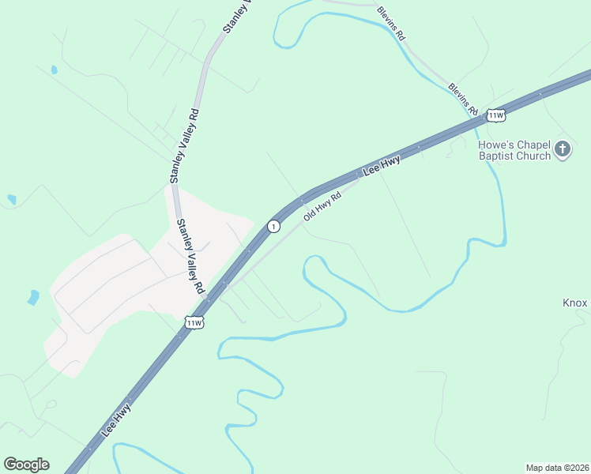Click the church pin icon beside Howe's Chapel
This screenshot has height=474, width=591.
pos(562,149)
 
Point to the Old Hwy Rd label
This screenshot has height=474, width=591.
pos(322,205)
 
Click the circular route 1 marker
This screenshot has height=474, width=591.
pos(273,226)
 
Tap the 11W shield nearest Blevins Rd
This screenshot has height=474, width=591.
pos(495,115)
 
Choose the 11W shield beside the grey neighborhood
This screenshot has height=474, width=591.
pos(194,322)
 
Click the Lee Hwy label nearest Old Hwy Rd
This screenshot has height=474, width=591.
pos(382,166)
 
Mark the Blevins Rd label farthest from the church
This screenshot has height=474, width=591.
pos(391,24)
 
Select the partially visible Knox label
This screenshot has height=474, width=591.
pos(576,303)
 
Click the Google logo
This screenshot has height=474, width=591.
pos(26,465)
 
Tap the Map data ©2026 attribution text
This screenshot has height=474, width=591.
pos(557,468)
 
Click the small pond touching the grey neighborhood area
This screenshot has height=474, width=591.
pos(33,297)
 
